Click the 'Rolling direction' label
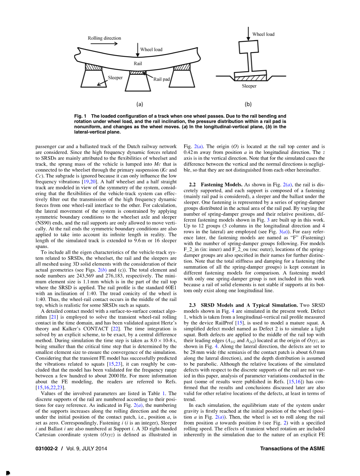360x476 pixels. pos(104,38)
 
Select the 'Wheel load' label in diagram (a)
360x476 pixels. pos(151,50)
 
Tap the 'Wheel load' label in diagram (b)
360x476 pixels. pos(263,34)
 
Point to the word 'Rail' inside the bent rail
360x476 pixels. pos(138,64)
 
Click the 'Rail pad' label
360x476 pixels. pos(161,79)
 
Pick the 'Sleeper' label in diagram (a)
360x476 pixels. pos(115,78)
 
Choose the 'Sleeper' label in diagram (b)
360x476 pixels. pos(249,86)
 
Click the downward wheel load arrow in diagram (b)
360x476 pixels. pos(248,34)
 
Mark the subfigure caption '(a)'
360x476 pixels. pos(139,104)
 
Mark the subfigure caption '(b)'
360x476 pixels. pos(248,104)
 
